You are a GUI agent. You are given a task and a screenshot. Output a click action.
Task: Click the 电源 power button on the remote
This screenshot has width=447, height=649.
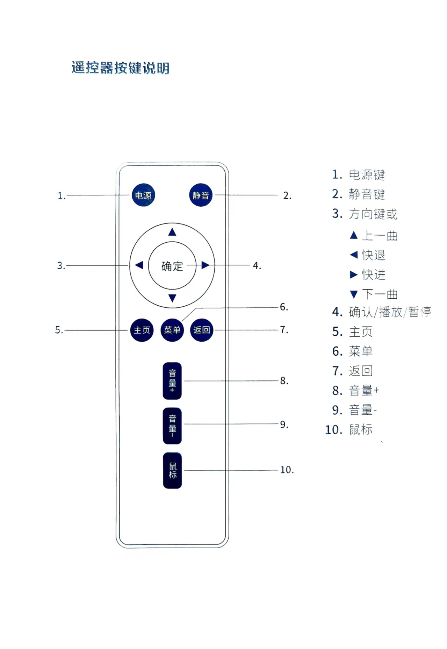143,195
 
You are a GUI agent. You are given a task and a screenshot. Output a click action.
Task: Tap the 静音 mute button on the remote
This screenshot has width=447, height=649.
201,195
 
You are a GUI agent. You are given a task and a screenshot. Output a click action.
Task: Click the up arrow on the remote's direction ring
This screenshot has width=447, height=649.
172,232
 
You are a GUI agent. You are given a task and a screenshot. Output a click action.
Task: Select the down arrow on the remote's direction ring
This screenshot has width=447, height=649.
172,298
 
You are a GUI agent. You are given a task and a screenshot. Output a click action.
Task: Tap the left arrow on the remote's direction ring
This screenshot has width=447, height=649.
139,265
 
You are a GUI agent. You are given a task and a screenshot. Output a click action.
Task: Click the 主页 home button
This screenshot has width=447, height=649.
142,330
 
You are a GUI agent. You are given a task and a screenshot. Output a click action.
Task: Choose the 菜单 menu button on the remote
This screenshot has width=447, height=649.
172,330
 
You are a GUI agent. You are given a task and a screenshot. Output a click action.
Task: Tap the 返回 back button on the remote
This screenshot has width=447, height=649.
202,330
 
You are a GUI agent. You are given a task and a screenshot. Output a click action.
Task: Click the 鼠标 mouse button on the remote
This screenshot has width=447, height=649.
172,470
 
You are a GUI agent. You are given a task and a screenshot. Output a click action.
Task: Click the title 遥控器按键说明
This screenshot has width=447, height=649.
121,68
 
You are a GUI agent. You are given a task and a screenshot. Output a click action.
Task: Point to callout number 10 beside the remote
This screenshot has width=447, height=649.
287,470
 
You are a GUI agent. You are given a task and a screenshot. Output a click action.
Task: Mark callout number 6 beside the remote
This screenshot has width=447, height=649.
284,307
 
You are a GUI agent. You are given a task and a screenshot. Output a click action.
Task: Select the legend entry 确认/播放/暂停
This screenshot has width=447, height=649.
389,312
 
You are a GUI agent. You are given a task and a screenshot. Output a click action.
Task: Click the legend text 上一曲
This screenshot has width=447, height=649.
380,235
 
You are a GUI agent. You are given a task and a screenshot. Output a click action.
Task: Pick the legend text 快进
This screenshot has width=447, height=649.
374,274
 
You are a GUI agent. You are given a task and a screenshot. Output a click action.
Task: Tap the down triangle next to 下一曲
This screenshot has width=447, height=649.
354,294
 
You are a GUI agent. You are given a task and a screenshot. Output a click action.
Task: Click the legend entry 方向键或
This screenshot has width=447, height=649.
373,214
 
